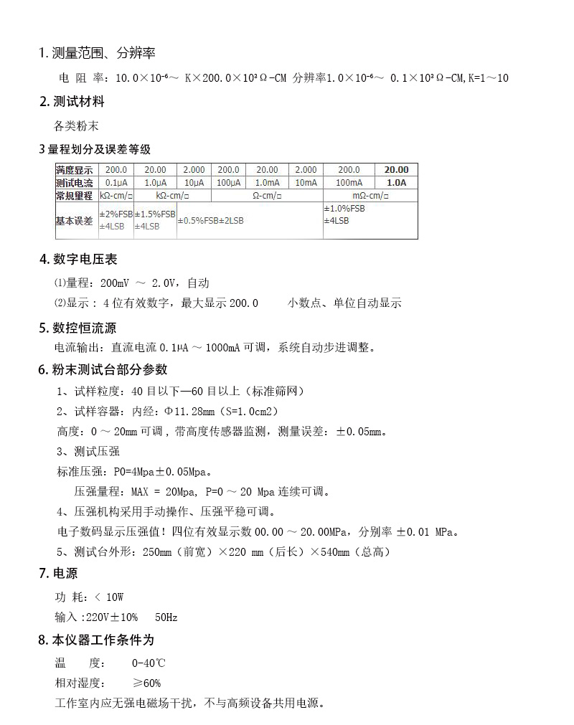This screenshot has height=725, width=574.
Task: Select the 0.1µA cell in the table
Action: click(116, 183)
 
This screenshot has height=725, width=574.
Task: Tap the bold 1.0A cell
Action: click(396, 183)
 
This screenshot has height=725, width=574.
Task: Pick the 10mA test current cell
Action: click(306, 183)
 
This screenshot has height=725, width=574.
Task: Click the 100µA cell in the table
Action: click(228, 183)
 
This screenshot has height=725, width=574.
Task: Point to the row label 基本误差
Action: click(75, 221)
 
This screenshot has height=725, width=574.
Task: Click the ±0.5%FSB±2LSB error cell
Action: click(210, 221)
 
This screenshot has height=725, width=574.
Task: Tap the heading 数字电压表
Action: click(84, 259)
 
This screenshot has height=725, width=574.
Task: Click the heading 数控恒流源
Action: click(84, 328)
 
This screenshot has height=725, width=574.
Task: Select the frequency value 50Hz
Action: click(166, 617)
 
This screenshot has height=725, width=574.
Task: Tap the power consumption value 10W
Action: click(115, 597)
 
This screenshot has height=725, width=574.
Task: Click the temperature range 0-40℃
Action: click(148, 663)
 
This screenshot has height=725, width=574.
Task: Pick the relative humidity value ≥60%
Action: click(146, 683)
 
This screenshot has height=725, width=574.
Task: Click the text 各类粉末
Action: click(76, 125)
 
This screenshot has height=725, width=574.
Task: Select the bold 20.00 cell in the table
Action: click(396, 170)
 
